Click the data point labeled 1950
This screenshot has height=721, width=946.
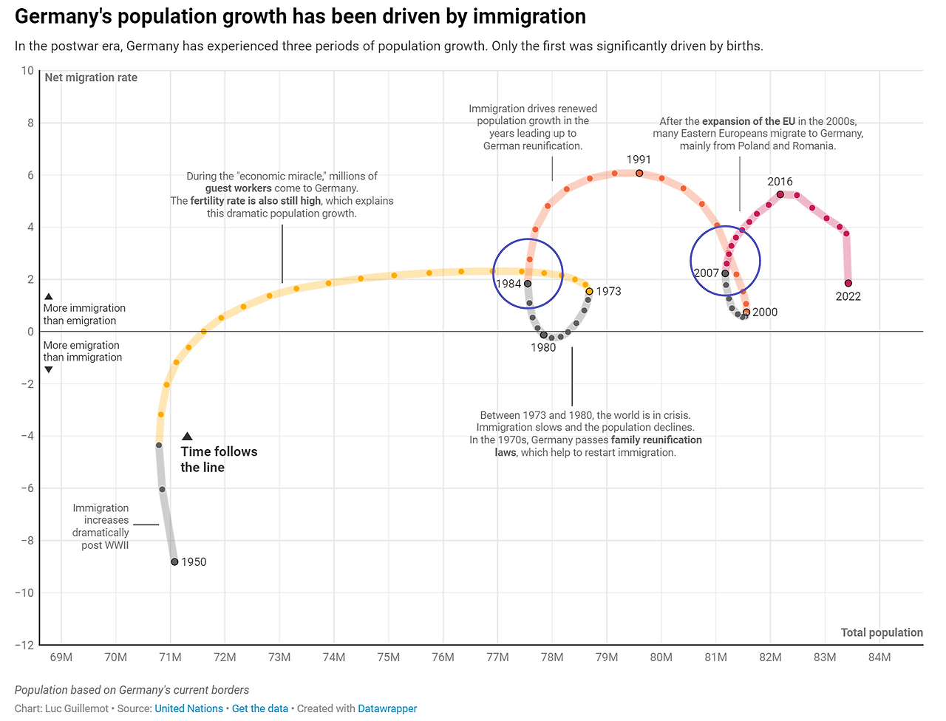click(174, 562)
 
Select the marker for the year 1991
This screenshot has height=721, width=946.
click(639, 174)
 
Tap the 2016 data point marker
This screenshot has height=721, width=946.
click(780, 194)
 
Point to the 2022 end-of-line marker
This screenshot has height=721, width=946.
click(848, 283)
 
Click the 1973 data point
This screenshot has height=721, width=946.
click(589, 291)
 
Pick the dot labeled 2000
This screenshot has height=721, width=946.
click(746, 312)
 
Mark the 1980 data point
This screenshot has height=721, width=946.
click(544, 335)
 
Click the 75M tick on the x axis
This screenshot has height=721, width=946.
click(389, 657)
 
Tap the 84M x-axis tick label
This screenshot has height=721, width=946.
click(879, 657)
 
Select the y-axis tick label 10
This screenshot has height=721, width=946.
click(27, 71)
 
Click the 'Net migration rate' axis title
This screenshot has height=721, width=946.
click(91, 78)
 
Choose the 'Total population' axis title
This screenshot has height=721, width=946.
click(882, 632)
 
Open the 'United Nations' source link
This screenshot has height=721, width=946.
click(188, 708)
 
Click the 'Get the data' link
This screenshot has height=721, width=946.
click(260, 708)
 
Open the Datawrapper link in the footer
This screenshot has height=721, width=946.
click(387, 708)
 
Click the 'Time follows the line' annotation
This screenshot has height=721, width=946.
click(219, 459)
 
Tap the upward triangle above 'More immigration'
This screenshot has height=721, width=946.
click(49, 296)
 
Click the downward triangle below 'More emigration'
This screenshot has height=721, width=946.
click(49, 369)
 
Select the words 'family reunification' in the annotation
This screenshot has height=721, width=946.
click(656, 440)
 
